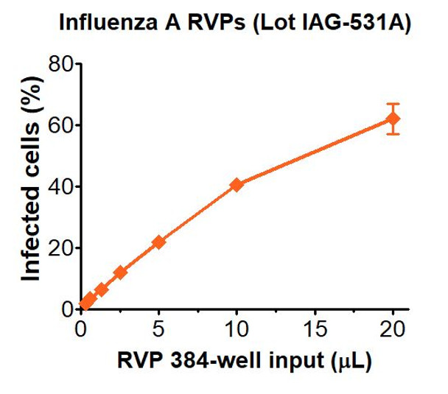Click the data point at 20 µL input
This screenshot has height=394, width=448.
393,119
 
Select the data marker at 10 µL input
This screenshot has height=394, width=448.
237,184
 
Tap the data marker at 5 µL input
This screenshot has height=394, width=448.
158,242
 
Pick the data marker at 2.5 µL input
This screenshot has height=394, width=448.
120,272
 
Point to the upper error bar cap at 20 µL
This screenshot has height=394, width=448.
393,104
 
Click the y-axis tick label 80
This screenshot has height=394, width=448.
60,64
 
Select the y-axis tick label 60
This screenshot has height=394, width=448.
60,125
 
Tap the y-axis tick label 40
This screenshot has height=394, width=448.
60,186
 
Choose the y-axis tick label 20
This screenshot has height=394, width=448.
60,247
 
